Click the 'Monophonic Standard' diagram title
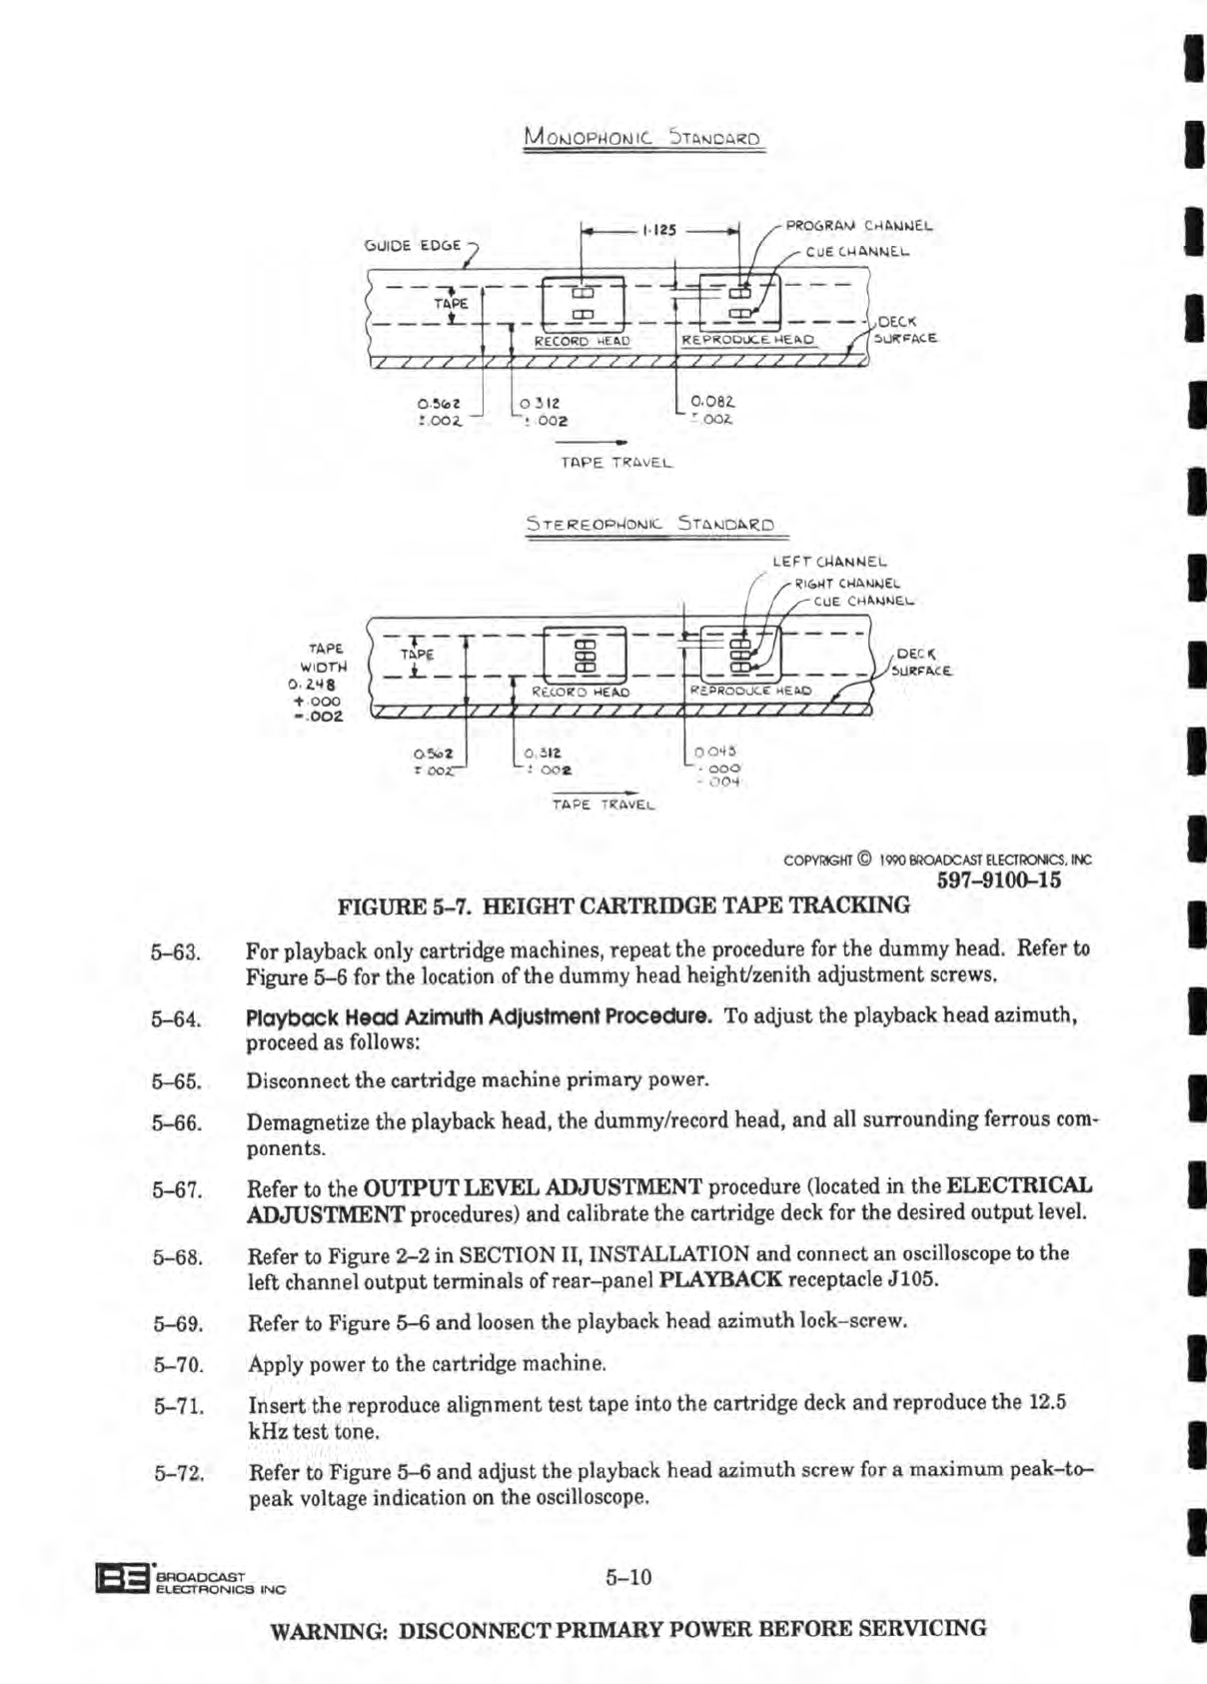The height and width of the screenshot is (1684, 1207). click(642, 138)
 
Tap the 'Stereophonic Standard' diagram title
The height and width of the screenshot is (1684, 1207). click(650, 524)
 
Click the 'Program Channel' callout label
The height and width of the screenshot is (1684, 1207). click(858, 226)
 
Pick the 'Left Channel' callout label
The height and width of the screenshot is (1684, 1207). click(829, 562)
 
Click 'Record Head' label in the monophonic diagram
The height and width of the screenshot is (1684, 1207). click(582, 341)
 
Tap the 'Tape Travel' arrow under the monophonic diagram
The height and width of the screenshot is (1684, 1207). click(593, 441)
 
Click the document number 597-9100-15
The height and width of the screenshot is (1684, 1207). click(998, 880)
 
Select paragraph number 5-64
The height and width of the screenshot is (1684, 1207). click(177, 1019)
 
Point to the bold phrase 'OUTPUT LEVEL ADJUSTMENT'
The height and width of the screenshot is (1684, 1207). click(533, 1187)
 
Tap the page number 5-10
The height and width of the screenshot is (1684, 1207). click(627, 1577)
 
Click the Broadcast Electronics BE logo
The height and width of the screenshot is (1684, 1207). click(121, 1579)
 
